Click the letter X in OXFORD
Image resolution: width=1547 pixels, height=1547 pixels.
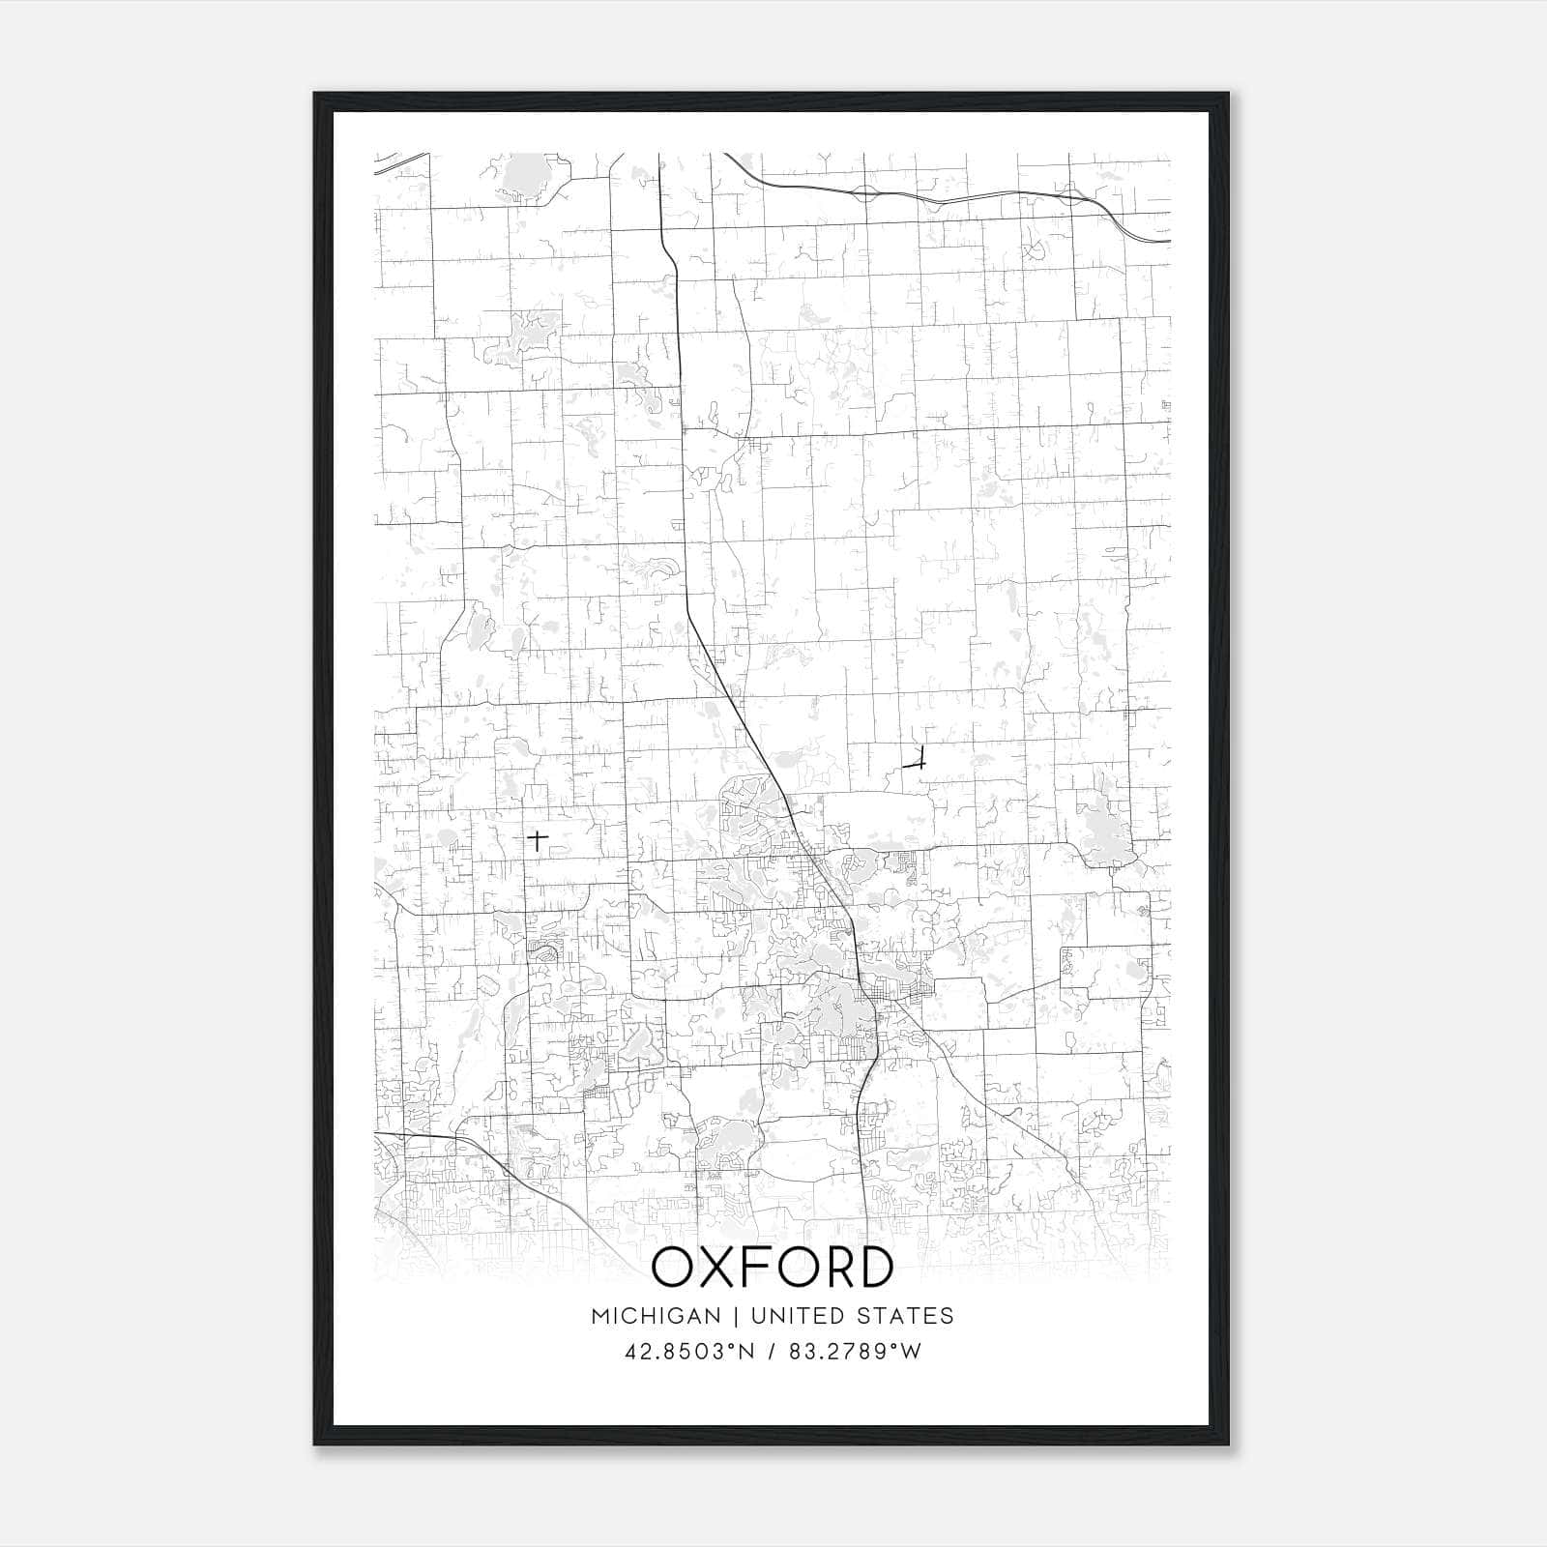point(715,1268)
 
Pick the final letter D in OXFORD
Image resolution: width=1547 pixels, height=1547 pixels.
point(875,1268)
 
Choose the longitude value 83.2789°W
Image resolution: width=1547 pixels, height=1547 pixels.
point(855,1352)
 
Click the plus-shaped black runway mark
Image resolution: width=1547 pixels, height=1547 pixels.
point(538,839)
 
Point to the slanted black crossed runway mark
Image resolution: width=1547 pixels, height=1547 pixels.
point(915,762)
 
